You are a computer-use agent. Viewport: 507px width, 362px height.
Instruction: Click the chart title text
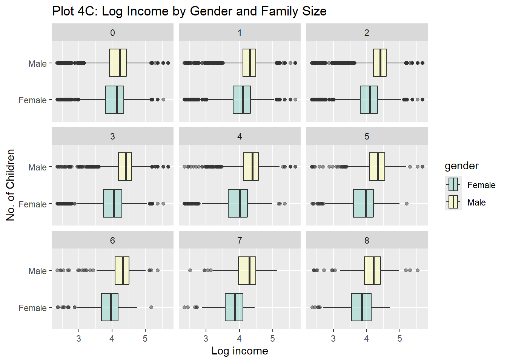tap(189, 11)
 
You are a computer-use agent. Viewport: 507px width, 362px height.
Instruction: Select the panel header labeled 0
tap(112, 33)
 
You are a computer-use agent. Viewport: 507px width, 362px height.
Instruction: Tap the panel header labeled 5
tap(367, 137)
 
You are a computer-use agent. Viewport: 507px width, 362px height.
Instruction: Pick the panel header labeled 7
tap(240, 241)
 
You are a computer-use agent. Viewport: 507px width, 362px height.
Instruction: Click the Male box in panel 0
tap(118, 63)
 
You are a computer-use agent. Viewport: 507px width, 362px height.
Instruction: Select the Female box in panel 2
tap(369, 100)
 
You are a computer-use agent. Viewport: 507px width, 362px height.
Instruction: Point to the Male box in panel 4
tap(251, 167)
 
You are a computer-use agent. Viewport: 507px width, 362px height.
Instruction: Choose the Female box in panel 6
tap(110, 307)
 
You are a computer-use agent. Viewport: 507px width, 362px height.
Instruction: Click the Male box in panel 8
tap(372, 270)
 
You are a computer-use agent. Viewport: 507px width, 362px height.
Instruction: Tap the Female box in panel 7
tap(234, 307)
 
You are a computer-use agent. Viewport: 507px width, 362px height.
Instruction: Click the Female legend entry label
tap(481, 185)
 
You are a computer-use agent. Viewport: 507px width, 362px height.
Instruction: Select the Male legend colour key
tap(453, 202)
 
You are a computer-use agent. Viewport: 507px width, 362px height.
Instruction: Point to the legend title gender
tap(461, 166)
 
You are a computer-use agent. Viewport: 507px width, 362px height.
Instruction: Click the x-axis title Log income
tap(240, 351)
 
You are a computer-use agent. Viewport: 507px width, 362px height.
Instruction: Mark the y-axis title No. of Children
tap(11, 185)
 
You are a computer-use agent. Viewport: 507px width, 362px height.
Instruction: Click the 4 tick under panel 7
tap(239, 339)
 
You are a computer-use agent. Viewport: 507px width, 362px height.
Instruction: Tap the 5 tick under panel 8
tap(399, 339)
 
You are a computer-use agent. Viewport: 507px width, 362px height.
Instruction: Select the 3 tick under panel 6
tap(78, 339)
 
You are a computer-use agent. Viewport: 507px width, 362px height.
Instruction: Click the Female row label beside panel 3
tap(32, 204)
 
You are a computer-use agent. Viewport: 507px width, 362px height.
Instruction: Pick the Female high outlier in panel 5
tap(406, 204)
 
